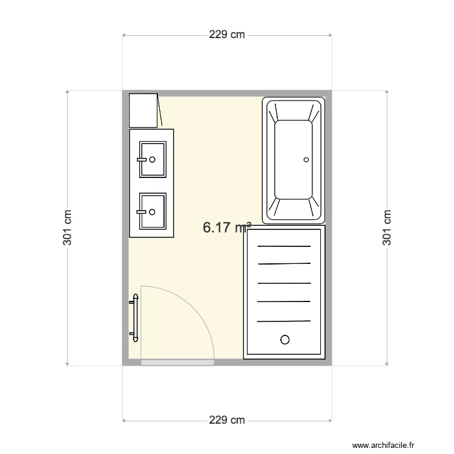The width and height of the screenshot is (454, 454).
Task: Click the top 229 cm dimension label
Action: point(227,35)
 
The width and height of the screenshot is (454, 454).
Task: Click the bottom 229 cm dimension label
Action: point(227,419)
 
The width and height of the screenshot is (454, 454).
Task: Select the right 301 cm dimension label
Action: point(387,228)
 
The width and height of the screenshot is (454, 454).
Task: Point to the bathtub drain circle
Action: point(306,160)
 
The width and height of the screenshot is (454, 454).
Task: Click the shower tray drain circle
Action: point(284,339)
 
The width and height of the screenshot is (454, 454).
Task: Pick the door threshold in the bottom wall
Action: point(177,363)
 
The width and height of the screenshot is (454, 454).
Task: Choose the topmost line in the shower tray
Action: point(284,246)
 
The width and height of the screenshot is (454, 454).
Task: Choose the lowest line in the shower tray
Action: point(284,321)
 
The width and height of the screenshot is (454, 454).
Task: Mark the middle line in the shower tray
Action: point(284,283)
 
